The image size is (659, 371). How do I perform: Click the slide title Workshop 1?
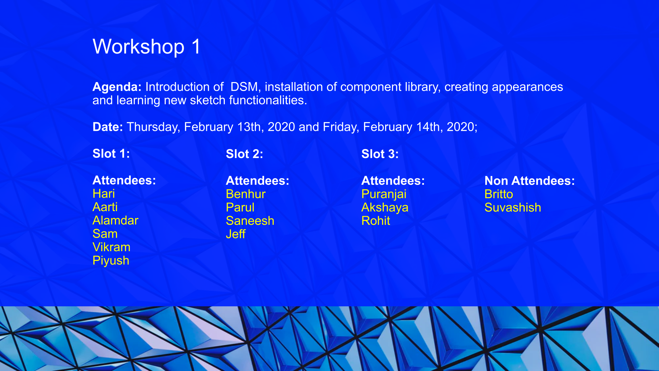(147, 47)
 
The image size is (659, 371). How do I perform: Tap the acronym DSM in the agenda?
(244, 87)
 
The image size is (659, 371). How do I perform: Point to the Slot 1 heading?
(111, 154)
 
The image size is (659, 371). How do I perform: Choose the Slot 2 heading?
(244, 154)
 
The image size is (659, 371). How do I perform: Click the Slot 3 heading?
(380, 154)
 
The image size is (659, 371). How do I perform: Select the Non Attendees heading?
(530, 181)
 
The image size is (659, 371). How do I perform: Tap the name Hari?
(104, 194)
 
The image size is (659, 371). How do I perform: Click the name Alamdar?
(115, 220)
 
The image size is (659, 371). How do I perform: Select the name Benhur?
(246, 194)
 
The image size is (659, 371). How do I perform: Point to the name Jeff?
(236, 234)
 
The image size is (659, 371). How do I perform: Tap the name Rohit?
(376, 221)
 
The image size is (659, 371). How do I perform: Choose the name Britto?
(499, 194)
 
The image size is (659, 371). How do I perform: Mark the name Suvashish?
(513, 207)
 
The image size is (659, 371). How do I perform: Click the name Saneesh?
(250, 221)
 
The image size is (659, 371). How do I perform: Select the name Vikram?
(112, 247)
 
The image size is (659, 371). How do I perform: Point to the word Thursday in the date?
(153, 127)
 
